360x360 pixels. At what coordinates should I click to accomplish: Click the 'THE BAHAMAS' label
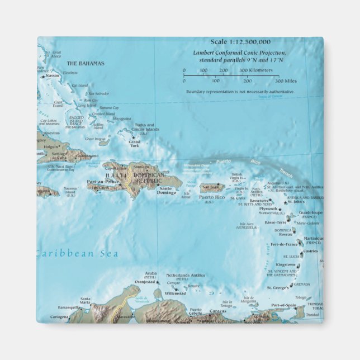coord(86,64)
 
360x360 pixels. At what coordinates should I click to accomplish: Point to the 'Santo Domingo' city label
coord(168,191)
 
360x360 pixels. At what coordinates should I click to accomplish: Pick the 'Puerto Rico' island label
coord(213,197)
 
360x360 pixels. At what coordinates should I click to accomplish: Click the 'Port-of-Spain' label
coord(283,305)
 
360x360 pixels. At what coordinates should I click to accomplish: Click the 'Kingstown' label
coord(286,264)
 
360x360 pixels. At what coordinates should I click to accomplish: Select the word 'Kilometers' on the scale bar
coord(262,70)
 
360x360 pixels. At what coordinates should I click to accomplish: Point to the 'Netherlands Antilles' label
coord(186,276)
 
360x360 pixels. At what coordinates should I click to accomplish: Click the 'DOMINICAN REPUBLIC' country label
coord(149,178)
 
